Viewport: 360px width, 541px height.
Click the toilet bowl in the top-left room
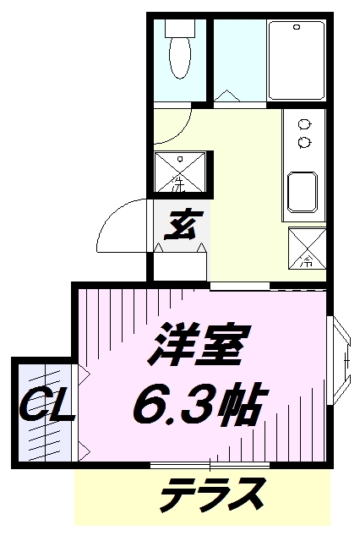pos(179,57)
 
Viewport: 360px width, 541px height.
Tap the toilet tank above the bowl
pos(180,28)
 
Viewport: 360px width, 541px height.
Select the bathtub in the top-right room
pos(297,60)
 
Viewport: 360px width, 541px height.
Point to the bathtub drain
pos(297,26)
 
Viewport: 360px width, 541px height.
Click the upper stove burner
pos(304,124)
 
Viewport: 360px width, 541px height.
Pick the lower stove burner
pos(304,142)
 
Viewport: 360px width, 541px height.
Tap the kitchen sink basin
pos(303,192)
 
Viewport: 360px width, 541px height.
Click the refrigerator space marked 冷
pos(308,248)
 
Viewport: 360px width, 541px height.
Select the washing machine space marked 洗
pos(180,172)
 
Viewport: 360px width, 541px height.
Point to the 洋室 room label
pos(199,345)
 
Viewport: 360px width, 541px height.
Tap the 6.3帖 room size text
pos(200,403)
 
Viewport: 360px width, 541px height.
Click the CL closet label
pos(46,407)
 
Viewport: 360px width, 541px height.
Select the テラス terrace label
pos(213,495)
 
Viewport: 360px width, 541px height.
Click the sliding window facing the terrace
pos(210,465)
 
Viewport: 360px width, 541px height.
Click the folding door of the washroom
pos(226,96)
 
